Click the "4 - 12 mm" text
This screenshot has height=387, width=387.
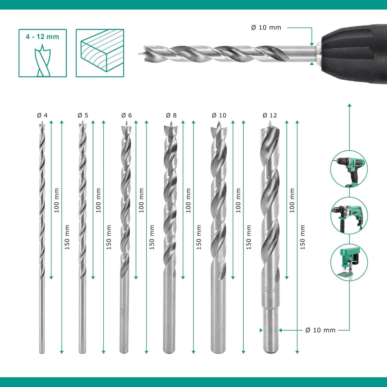(x=43, y=37)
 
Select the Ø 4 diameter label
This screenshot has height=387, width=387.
(x=42, y=115)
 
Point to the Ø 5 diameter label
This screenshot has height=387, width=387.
(x=83, y=115)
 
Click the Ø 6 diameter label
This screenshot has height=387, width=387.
(x=127, y=115)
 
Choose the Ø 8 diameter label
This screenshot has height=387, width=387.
(x=171, y=115)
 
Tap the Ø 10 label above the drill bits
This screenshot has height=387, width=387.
(x=219, y=115)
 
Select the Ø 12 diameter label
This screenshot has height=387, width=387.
(x=270, y=115)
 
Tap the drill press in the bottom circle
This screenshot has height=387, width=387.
(x=349, y=263)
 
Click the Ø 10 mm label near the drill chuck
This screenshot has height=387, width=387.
(x=266, y=27)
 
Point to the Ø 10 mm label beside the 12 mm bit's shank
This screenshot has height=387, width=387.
(x=320, y=330)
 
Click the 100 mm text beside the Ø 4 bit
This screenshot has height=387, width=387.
(x=57, y=200)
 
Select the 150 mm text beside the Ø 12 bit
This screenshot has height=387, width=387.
(x=303, y=237)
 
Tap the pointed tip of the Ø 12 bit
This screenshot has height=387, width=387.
(x=269, y=125)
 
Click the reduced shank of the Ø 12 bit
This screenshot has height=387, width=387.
(x=271, y=331)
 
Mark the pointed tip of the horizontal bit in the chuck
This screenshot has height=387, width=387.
(x=139, y=53)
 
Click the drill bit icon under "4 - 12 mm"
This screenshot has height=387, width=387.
(x=43, y=60)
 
